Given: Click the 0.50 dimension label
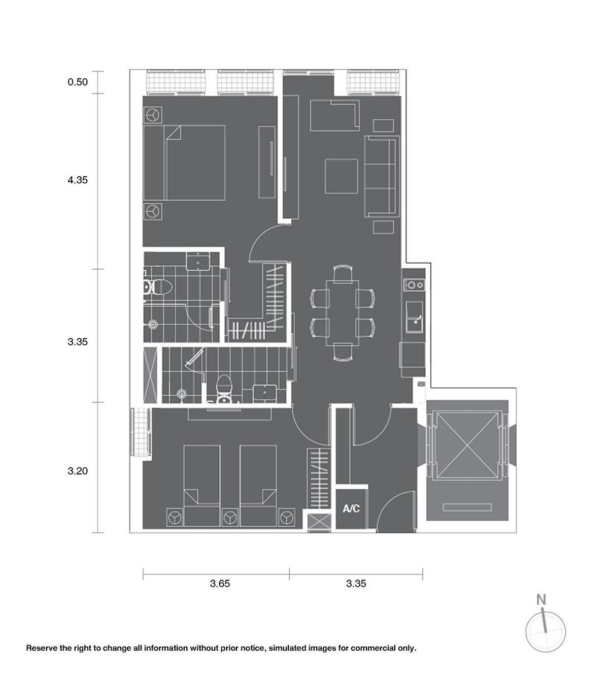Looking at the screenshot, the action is [78, 82].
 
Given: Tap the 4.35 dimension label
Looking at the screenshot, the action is [78, 180].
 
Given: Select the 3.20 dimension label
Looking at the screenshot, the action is [78, 471].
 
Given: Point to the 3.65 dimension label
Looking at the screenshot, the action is [220, 584].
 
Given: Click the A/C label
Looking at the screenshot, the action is [351, 509].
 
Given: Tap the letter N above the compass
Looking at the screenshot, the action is [542, 599].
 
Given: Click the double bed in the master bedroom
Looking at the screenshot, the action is [184, 163].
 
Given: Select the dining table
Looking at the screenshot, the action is [343, 313].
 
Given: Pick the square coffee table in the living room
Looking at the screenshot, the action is [342, 176].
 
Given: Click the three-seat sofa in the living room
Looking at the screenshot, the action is [382, 176].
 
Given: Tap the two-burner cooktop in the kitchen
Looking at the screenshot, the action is [415, 285].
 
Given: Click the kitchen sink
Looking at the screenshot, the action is [415, 317].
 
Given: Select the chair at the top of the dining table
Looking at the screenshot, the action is [343, 274].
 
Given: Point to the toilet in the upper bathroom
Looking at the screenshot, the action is [158, 287].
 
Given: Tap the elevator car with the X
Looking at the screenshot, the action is [467, 445].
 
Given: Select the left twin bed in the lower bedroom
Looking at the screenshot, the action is [202, 486].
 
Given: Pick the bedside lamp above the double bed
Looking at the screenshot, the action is [153, 115].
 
